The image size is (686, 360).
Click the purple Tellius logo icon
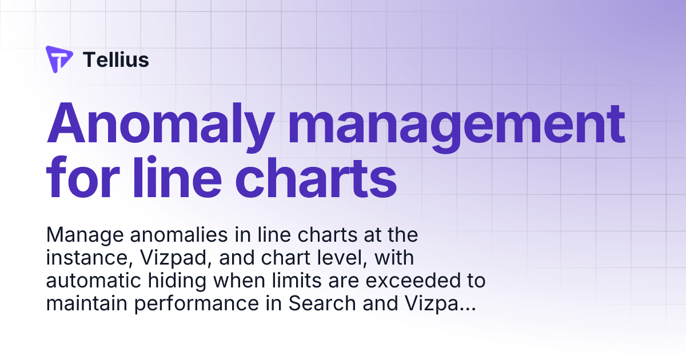(x=59, y=59)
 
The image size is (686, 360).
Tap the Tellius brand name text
(x=116, y=59)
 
